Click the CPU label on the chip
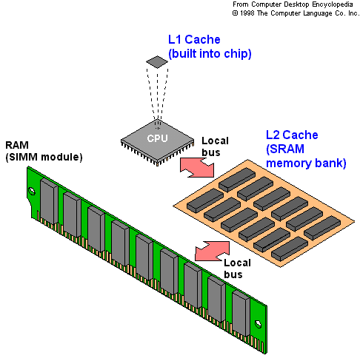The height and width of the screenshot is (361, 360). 157,138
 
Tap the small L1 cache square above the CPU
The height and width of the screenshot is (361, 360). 157,61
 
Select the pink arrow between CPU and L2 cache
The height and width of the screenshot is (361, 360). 197,168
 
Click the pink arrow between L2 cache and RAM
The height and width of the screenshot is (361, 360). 212,251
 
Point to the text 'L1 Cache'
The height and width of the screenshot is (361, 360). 194,39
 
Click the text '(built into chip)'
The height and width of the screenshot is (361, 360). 210,54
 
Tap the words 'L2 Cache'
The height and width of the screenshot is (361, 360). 292,135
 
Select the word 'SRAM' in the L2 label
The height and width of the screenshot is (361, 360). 287,149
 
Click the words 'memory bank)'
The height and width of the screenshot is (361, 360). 306,163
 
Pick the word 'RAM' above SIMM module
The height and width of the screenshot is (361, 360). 17,145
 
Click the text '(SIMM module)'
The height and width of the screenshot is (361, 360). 44,157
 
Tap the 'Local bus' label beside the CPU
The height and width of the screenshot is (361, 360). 215,146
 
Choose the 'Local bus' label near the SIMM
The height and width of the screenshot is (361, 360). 237,269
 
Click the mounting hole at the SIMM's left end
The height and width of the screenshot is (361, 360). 32,191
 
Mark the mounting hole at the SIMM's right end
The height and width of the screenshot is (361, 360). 259,324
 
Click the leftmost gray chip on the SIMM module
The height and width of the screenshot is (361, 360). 49,201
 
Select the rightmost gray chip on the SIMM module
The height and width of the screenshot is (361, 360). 241,313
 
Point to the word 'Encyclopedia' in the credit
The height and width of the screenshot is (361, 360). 333,4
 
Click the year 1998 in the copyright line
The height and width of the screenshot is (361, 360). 247,13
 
